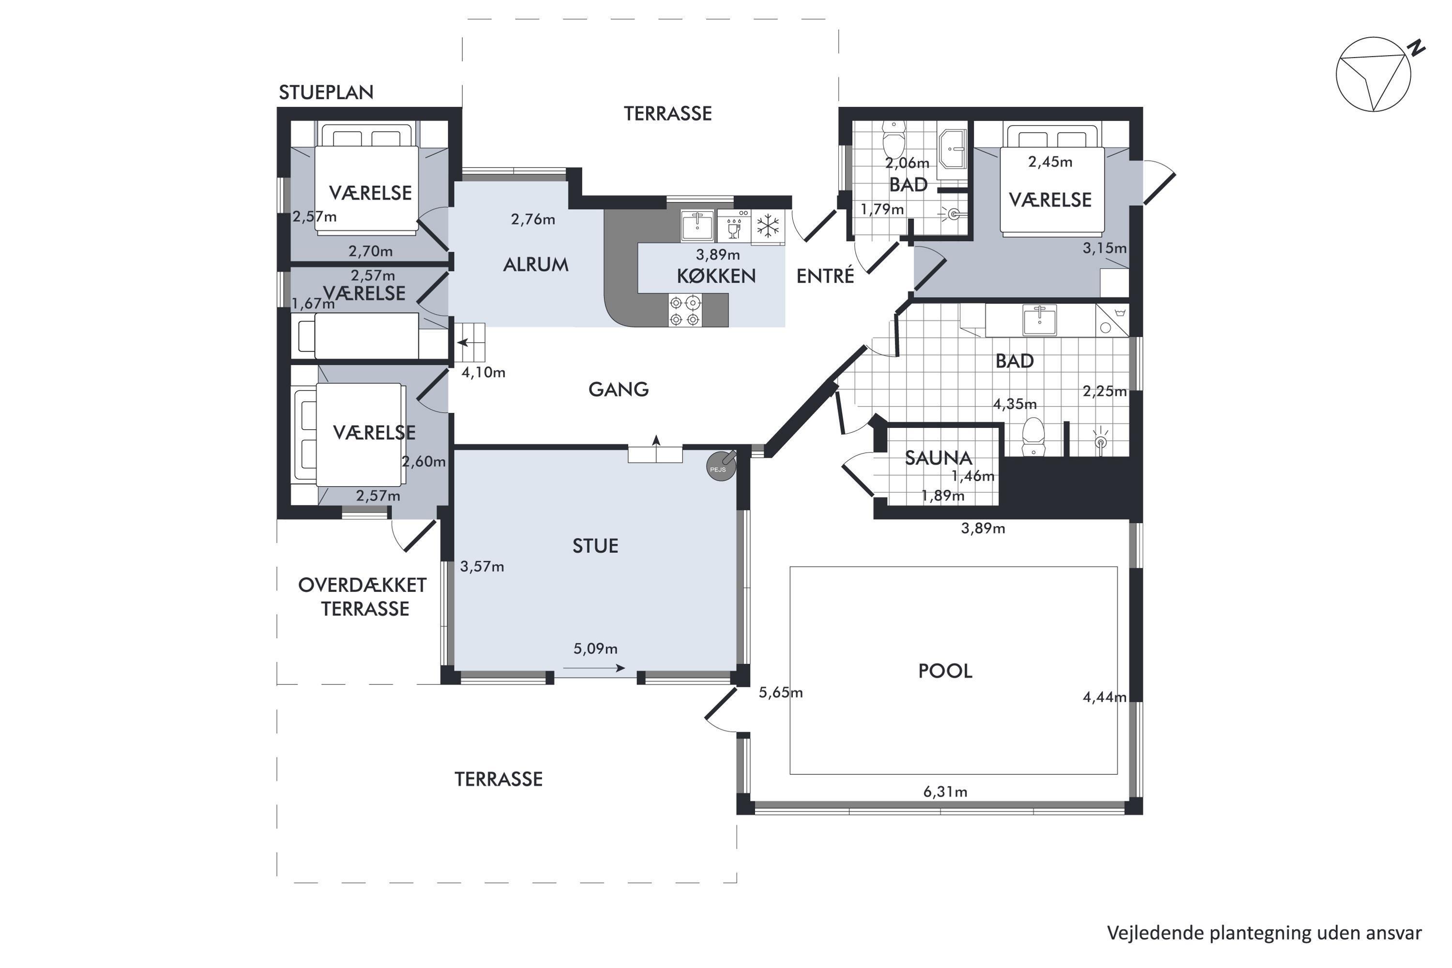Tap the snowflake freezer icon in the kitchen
768,226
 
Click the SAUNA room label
938,457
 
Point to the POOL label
945,671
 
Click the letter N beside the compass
1417,47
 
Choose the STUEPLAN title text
326,92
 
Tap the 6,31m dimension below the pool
945,791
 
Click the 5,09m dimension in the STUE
595,649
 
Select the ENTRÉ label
825,276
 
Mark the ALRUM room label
535,265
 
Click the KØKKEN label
716,276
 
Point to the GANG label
619,390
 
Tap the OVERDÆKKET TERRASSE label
363,597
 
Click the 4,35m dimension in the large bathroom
1014,404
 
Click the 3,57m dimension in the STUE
482,567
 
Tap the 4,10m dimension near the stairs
484,372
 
